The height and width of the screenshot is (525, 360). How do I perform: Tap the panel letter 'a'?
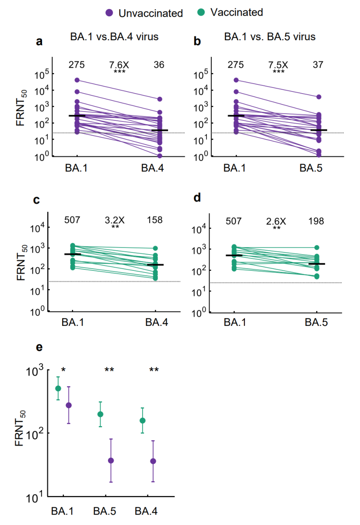pyautogui.click(x=39, y=42)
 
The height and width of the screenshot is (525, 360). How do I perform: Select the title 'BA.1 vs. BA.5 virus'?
pyautogui.click(x=270, y=37)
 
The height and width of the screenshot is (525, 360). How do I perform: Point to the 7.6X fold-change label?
pyautogui.click(x=119, y=65)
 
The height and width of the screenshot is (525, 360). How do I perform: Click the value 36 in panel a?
pyautogui.click(x=159, y=65)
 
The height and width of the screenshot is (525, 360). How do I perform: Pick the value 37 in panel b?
pyautogui.click(x=318, y=65)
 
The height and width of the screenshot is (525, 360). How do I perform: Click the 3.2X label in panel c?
pyautogui.click(x=115, y=220)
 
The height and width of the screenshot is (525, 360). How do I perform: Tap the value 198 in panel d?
pyautogui.click(x=315, y=221)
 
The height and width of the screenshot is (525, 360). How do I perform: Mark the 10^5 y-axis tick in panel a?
pyautogui.click(x=42, y=75)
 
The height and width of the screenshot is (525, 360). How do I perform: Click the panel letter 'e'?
pyautogui.click(x=39, y=348)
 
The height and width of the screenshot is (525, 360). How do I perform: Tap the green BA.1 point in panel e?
pyautogui.click(x=58, y=388)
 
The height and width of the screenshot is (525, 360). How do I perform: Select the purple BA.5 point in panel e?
pyautogui.click(x=111, y=460)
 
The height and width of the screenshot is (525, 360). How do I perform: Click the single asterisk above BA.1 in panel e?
pyautogui.click(x=63, y=371)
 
